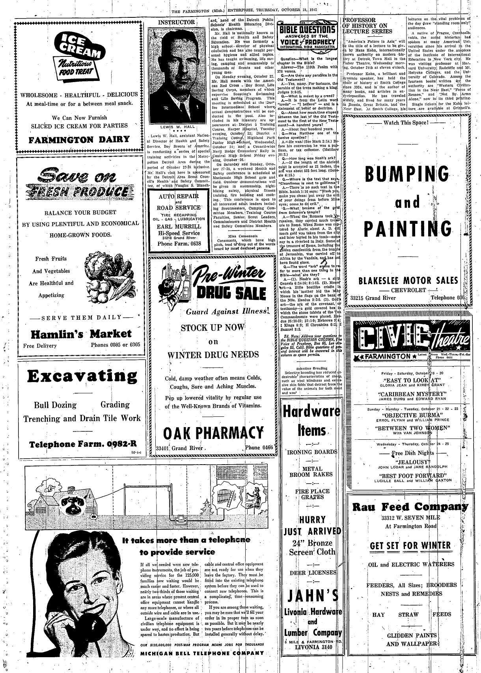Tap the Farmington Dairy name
click(79, 139)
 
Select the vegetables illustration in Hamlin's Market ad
click(110, 277)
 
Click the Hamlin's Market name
click(81, 334)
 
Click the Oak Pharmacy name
click(213, 433)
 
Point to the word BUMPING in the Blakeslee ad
click(407, 173)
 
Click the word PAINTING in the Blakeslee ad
click(407, 228)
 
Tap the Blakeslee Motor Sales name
click(408, 281)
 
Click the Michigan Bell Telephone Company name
click(202, 653)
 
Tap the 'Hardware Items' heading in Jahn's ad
click(311, 420)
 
